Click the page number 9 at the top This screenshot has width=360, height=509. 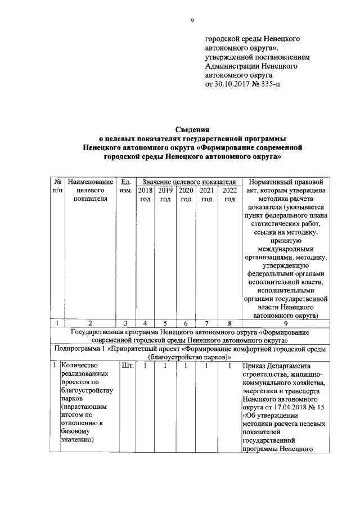[192, 21]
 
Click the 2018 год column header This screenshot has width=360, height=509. [145, 195]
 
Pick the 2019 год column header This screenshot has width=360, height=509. [165, 195]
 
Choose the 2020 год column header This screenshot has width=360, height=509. [186, 195]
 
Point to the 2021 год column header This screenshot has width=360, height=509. [206, 195]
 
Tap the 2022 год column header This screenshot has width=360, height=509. [229, 195]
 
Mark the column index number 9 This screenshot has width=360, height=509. [286, 323]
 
